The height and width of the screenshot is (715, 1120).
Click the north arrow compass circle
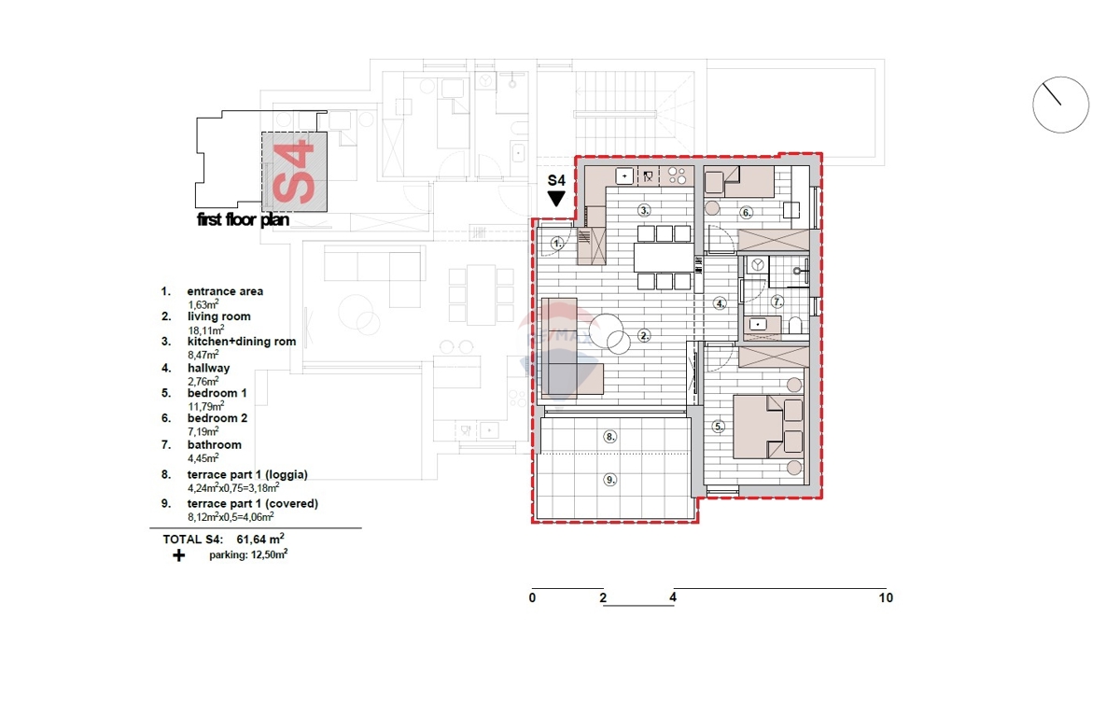(x=1060, y=105)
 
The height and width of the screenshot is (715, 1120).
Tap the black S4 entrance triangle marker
(x=556, y=198)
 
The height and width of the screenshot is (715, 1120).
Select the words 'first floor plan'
(x=243, y=221)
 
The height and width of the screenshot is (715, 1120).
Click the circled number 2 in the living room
(x=643, y=335)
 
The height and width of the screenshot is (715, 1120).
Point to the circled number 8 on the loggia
(x=609, y=436)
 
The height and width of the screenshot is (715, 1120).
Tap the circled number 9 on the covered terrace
(x=609, y=480)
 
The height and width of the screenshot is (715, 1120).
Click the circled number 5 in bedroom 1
(x=718, y=428)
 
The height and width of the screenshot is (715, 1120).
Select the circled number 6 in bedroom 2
(x=747, y=212)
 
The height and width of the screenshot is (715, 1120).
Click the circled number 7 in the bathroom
(x=777, y=301)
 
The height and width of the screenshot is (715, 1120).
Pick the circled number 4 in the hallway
(x=720, y=303)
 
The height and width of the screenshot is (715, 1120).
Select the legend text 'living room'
(x=218, y=316)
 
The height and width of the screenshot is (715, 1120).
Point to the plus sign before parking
(x=178, y=555)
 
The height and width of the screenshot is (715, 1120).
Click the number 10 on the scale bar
(x=885, y=597)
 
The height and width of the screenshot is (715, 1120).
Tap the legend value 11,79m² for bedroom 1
(x=203, y=406)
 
